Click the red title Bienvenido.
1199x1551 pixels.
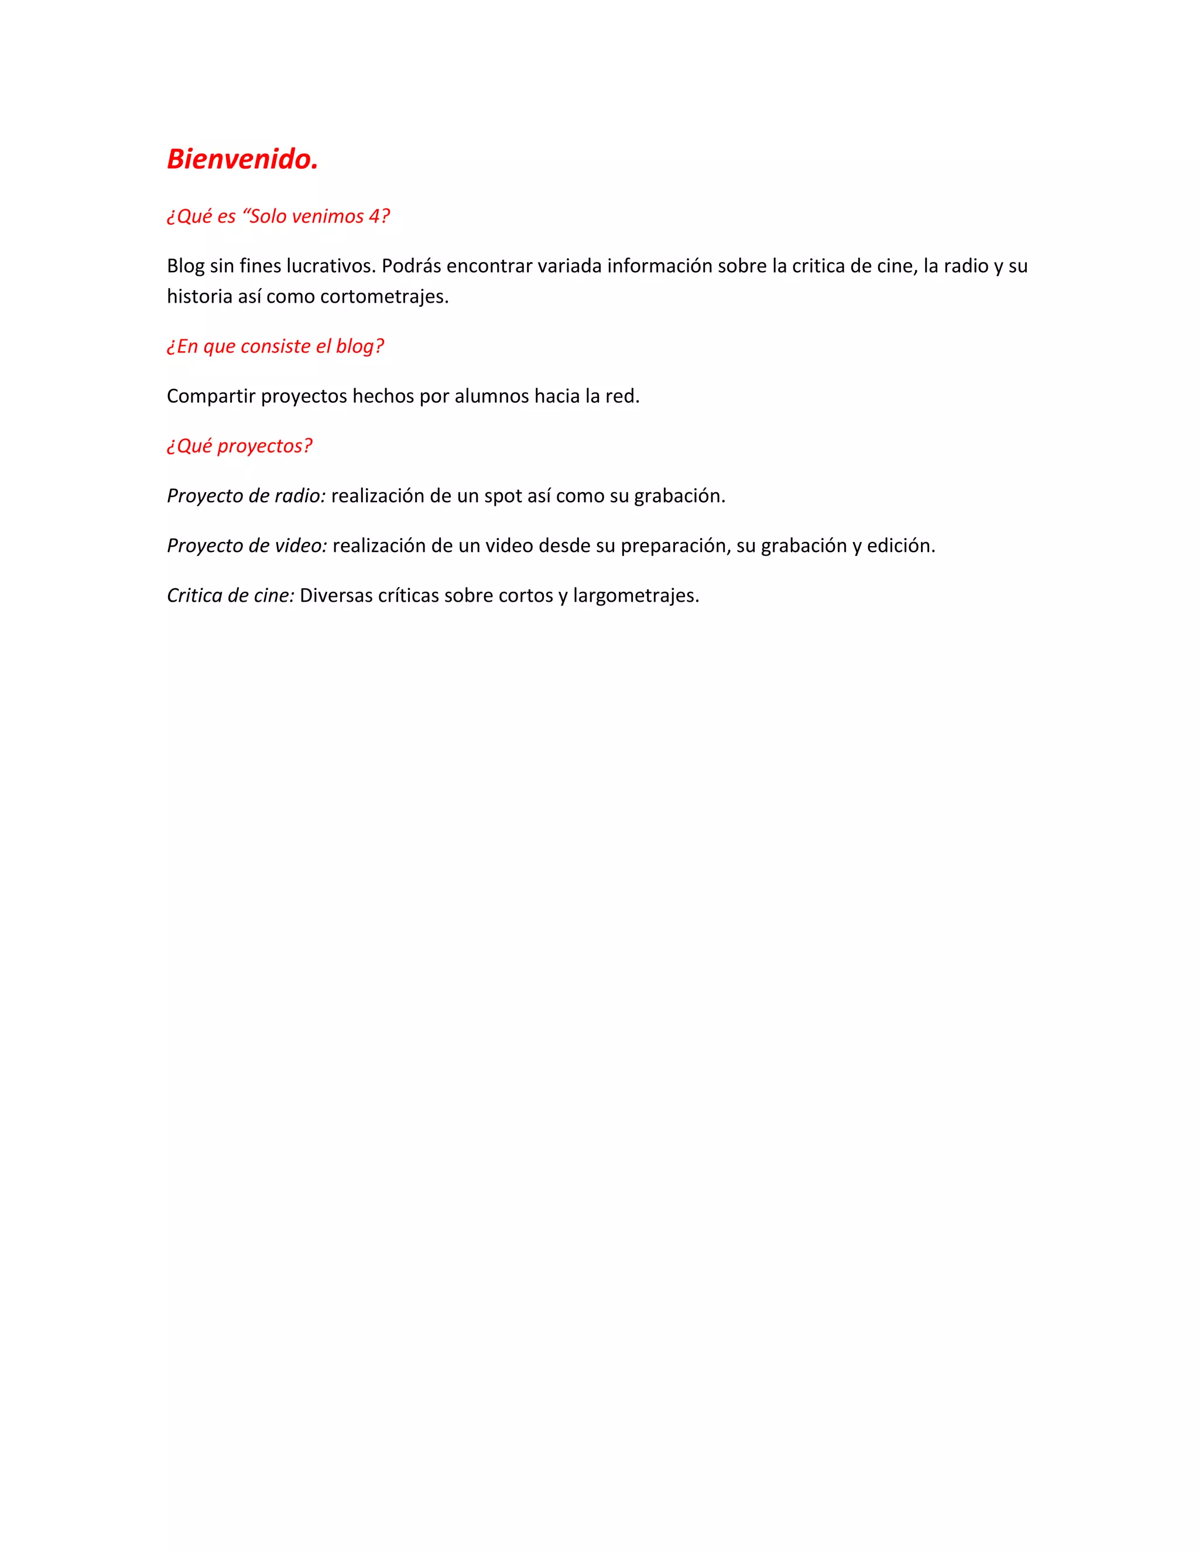[x=242, y=159]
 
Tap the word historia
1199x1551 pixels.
[x=200, y=296]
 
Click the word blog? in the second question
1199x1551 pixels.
[x=359, y=346]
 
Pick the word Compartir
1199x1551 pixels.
[x=211, y=396]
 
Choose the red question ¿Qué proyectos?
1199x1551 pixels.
[x=239, y=445]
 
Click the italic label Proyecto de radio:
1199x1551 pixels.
[x=246, y=496]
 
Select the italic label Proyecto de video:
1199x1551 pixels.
[x=246, y=545]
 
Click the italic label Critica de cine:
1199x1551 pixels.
[x=230, y=595]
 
